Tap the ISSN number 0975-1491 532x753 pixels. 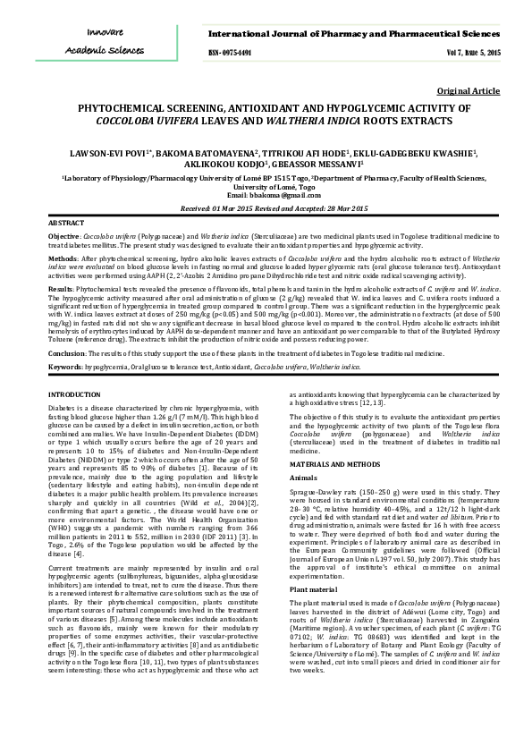point(231,54)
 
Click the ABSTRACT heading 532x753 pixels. point(66,222)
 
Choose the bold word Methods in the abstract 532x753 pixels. point(63,258)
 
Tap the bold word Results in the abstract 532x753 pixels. point(60,290)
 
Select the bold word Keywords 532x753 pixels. point(65,367)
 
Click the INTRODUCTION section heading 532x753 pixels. point(74,393)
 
